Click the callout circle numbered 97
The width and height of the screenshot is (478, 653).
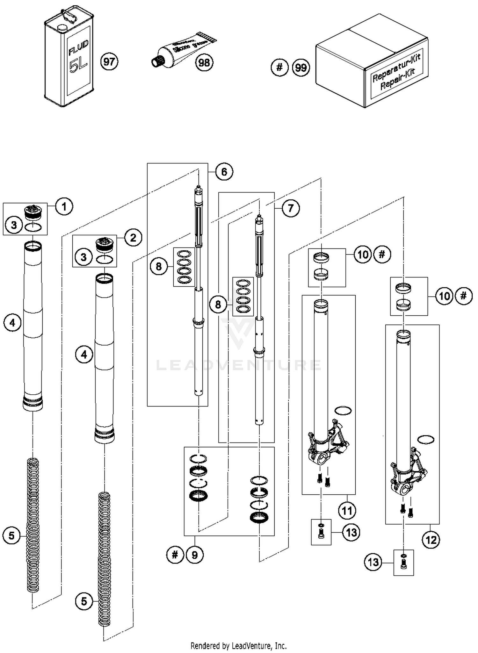point(109,61)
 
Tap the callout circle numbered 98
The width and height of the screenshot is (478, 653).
point(204,62)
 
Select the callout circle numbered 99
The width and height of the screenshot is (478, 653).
point(301,68)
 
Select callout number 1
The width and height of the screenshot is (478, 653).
point(64,207)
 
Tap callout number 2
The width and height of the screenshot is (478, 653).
point(133,237)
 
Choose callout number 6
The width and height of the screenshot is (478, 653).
point(224,172)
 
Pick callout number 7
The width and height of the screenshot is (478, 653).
point(290,208)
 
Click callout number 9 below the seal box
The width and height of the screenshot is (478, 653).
point(195,555)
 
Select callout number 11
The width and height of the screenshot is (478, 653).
point(347,511)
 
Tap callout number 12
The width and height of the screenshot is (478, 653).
point(431,540)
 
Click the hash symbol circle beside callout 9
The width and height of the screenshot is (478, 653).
point(175,555)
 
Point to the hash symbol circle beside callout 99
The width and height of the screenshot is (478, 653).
point(279,67)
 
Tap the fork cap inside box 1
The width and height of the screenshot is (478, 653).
point(33,212)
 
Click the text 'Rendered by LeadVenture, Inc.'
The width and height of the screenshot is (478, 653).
point(238,646)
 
